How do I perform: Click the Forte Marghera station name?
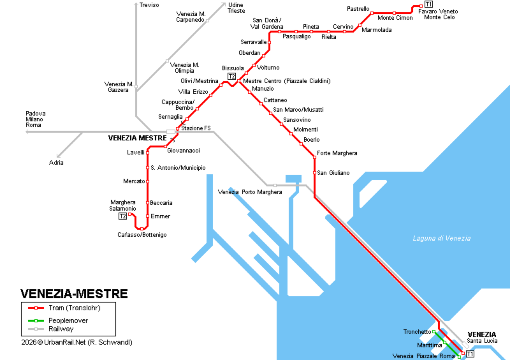tap(337, 153)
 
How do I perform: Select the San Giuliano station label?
tap(333, 173)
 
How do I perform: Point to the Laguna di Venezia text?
tap(441, 237)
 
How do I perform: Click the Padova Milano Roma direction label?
tap(34, 118)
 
